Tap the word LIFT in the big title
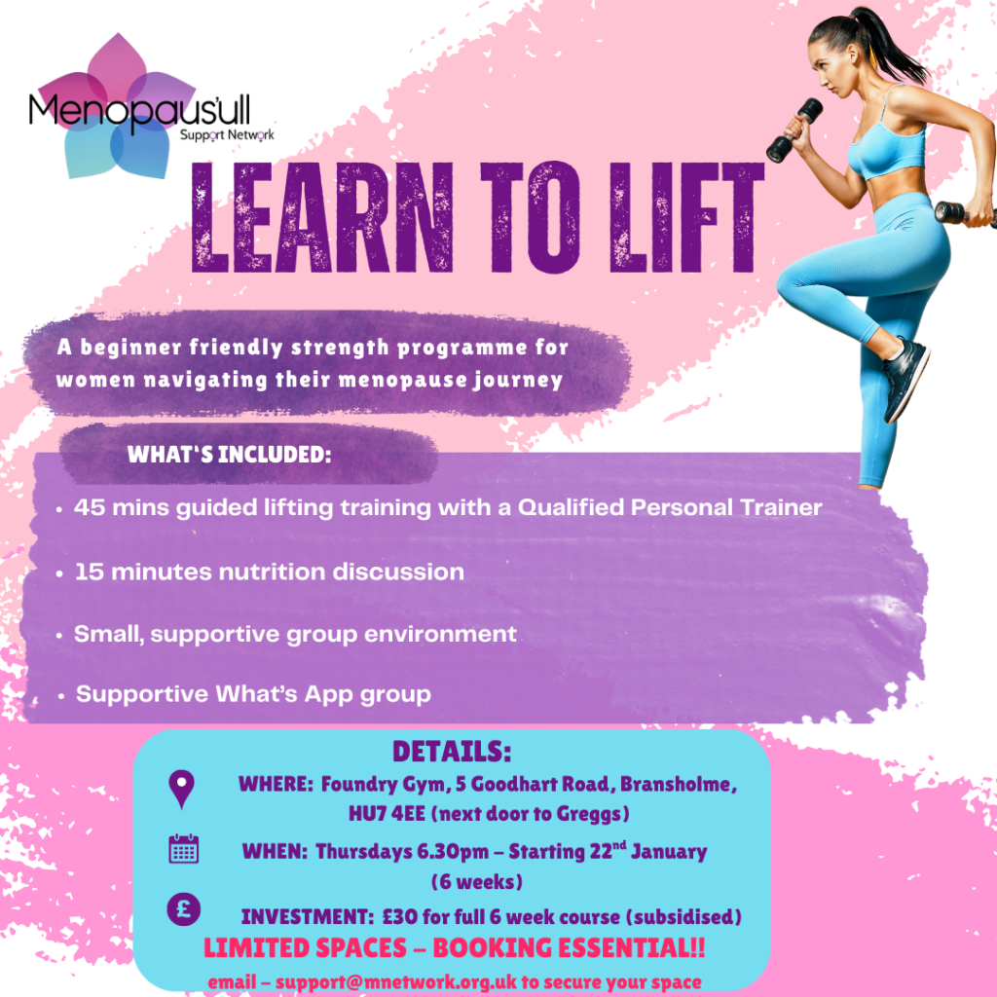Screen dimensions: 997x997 [x=686, y=217]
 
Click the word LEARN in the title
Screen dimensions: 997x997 [x=322, y=217]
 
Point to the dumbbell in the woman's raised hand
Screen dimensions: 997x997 [x=794, y=129]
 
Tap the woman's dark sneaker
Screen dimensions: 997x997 [x=905, y=379]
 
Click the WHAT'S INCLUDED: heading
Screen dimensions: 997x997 [x=229, y=455]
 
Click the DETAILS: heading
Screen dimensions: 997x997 [x=452, y=752]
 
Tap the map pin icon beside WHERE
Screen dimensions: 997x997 [x=182, y=789]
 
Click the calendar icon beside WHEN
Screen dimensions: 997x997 [x=184, y=849]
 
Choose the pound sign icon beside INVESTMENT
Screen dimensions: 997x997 [x=184, y=908]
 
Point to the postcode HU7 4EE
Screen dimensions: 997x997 [x=387, y=814]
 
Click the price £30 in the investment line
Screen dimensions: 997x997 [x=400, y=917]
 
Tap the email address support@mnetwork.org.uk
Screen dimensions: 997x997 [x=396, y=982]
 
